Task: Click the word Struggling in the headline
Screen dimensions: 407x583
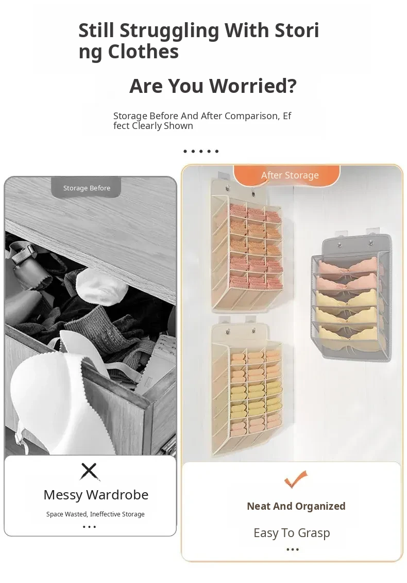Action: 169,31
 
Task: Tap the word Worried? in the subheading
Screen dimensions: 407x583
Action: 253,86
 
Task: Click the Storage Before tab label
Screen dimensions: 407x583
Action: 87,188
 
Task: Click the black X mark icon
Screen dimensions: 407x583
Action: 89,472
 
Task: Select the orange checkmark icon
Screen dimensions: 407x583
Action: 296,479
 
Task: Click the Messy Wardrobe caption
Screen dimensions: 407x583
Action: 96,495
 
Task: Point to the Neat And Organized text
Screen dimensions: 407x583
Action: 296,506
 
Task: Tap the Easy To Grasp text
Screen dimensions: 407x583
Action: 292,533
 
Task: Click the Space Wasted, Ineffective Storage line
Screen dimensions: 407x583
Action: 95,514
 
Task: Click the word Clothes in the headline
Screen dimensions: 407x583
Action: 143,52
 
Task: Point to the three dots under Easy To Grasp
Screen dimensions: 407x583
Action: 293,549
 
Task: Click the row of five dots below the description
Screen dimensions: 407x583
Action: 201,151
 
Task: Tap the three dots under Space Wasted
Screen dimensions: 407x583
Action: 90,527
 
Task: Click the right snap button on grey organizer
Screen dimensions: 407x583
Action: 370,243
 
